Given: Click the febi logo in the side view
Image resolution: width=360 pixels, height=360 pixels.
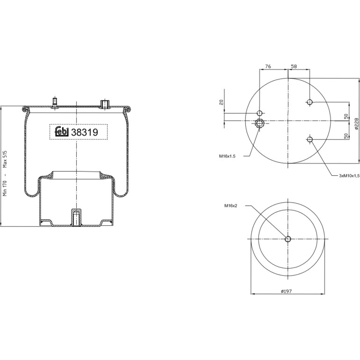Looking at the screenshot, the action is tap(62, 132).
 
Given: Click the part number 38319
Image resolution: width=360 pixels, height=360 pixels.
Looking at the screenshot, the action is tap(85, 132).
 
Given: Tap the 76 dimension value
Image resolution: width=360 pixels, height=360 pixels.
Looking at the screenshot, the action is tap(268, 66).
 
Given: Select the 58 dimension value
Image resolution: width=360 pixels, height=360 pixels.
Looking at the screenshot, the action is tap(294, 66).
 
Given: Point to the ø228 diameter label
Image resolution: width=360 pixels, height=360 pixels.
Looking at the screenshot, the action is tap(356, 123).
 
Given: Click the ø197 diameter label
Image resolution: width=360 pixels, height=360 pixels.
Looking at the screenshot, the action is tap(286, 291).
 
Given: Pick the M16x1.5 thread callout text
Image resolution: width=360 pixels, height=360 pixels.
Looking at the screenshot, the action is tap(227, 156).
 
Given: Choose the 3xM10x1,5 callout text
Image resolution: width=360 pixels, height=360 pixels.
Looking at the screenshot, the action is tap(349, 176).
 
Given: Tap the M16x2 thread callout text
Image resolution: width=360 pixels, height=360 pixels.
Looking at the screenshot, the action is tap(231, 206).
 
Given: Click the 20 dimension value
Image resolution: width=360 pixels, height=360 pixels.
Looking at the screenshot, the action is tap(221, 102).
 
